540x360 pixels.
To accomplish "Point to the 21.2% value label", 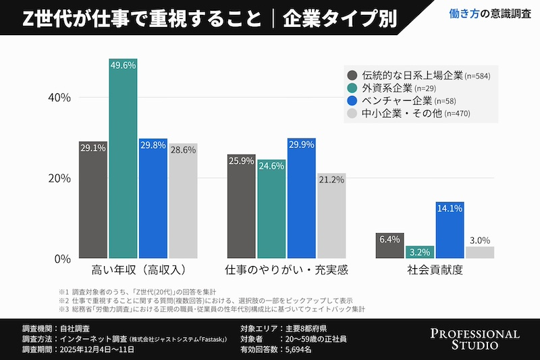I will point(331,180).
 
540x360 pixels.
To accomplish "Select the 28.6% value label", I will point(183,150).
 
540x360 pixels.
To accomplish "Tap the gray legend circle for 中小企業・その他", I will point(352,113).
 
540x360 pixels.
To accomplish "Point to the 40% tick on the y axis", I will point(59,97).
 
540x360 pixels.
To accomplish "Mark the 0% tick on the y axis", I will point(62,259).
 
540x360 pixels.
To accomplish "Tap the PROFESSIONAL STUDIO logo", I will point(475,340).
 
